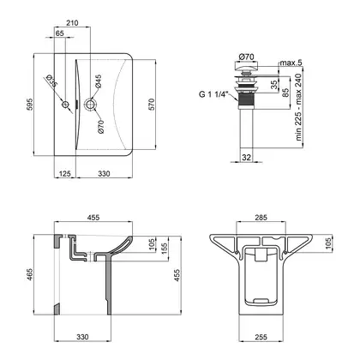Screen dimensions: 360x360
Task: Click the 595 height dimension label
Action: click(x=30, y=105)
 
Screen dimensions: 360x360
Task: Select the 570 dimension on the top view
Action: click(x=151, y=105)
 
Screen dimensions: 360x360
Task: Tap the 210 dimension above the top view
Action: click(x=72, y=23)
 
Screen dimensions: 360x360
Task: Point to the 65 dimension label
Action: click(x=60, y=33)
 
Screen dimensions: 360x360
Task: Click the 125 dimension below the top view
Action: click(x=65, y=173)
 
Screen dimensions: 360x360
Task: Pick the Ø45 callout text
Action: click(x=99, y=81)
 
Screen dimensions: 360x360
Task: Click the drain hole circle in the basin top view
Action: click(x=90, y=104)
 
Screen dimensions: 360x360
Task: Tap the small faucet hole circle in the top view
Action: click(x=66, y=105)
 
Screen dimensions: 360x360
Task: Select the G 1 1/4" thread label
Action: click(x=214, y=94)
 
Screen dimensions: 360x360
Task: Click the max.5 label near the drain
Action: click(x=291, y=63)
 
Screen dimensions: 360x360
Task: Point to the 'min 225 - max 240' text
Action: click(x=298, y=107)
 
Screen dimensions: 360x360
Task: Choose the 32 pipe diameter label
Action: click(x=246, y=158)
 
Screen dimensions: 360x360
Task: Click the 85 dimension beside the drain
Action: click(x=285, y=93)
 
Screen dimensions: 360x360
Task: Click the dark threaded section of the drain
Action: click(x=246, y=100)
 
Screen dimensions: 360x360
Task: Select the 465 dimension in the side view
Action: click(x=30, y=274)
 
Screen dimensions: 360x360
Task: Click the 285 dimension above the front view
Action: click(x=261, y=218)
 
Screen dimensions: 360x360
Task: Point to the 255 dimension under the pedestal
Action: click(x=261, y=337)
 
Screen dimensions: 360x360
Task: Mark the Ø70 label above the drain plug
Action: click(x=246, y=57)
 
